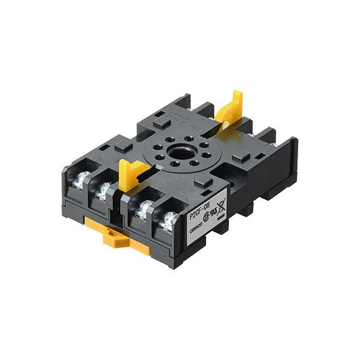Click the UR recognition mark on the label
click(x=213, y=214)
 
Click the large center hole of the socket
click(x=178, y=151)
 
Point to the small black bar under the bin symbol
click(x=223, y=217)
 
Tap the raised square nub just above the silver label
click(x=202, y=181)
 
